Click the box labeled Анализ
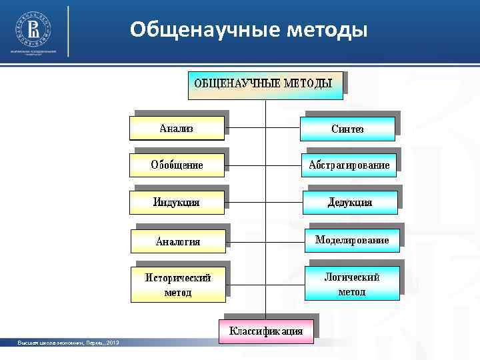click(x=177, y=129)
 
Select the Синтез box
click(x=347, y=129)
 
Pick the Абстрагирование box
click(x=349, y=165)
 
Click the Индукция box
click(x=177, y=202)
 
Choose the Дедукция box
click(x=350, y=202)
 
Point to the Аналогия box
click(x=178, y=241)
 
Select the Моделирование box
click(x=352, y=240)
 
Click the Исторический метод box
click(x=178, y=285)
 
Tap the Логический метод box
click(x=352, y=284)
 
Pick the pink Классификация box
click(x=266, y=331)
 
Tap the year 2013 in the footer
click(x=111, y=343)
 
